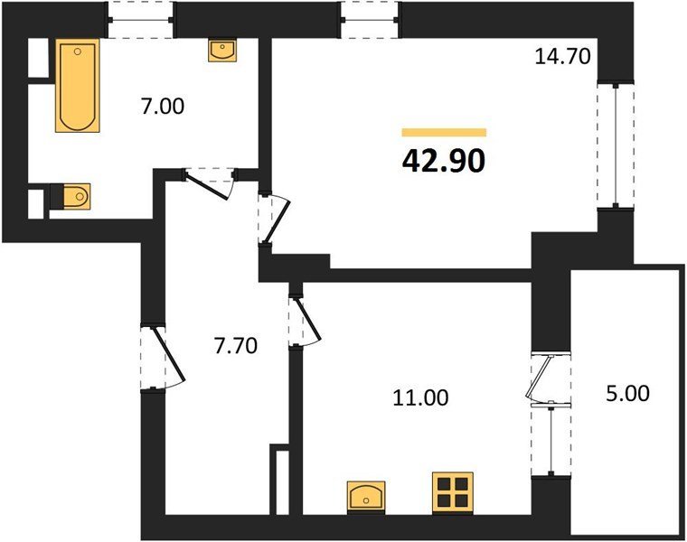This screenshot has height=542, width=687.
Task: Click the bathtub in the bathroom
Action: [78, 86]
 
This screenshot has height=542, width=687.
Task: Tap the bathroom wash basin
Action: [222, 51]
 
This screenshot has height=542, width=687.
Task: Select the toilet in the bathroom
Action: [71, 196]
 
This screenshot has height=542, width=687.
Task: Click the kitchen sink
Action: [366, 498]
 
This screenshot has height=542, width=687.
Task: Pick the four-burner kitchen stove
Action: [452, 492]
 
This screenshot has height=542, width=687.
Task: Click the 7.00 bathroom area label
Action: [163, 107]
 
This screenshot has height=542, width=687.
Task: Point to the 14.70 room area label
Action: [562, 57]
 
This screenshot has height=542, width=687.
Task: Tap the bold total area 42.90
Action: [444, 161]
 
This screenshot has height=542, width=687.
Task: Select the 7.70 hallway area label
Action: [236, 345]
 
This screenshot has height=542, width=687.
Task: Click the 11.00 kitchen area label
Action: [420, 397]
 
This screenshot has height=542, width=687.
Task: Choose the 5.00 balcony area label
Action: [628, 393]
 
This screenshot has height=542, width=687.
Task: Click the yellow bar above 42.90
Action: [444, 133]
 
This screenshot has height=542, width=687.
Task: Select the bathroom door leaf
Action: [207, 187]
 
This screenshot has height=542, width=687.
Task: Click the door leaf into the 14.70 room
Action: [277, 221]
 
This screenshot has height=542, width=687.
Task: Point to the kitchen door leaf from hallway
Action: [308, 318]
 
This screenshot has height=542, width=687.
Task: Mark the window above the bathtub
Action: [141, 20]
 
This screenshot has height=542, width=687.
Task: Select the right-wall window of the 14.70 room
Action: [616, 145]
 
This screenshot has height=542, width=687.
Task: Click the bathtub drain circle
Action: [78, 51]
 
